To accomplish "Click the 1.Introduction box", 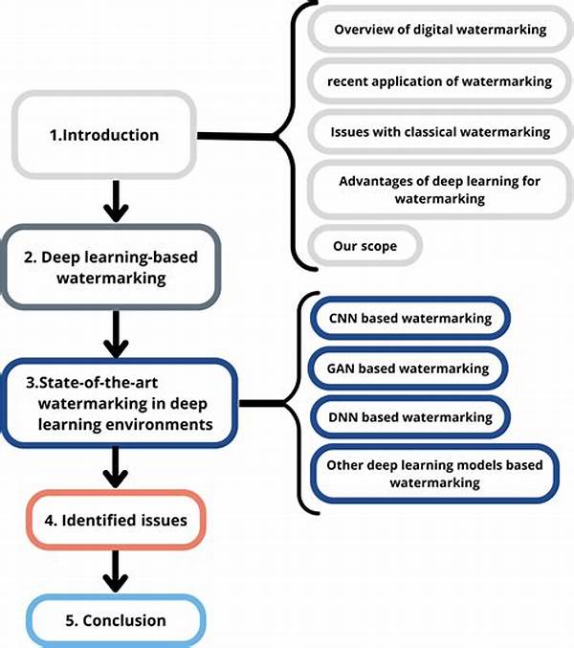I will click(x=104, y=135).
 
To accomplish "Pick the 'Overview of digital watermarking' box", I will click(x=439, y=30).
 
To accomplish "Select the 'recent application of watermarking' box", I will click(x=439, y=81).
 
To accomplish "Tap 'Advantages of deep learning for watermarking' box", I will click(x=439, y=190).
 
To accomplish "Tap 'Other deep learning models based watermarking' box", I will click(x=433, y=474).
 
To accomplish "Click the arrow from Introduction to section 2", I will click(x=116, y=197).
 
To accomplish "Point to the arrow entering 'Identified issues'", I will click(x=116, y=467).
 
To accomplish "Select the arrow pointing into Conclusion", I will click(x=116, y=572).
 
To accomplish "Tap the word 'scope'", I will click(x=377, y=246).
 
